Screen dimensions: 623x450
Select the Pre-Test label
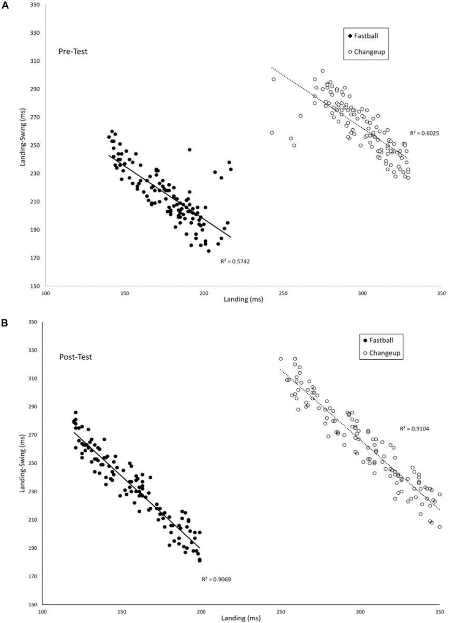point(72,51)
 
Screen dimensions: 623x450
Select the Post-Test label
point(73,357)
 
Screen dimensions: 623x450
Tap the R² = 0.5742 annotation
point(236,261)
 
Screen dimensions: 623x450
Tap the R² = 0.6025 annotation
point(425,133)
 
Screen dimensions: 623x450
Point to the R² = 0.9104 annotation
point(414,429)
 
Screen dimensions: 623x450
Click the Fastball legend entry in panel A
point(363,36)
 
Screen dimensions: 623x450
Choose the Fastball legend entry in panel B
point(378,341)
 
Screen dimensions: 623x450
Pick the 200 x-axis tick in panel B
point(201,611)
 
